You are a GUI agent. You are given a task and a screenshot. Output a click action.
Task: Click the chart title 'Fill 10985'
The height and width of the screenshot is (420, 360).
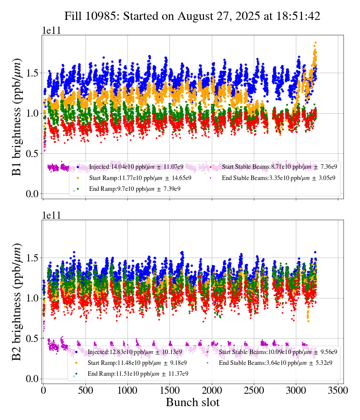pos(192,16)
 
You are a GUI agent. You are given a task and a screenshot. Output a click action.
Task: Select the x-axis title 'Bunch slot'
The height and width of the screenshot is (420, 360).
pos(192,402)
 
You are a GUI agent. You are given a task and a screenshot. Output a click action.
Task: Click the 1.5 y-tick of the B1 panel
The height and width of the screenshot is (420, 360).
pos(32,73)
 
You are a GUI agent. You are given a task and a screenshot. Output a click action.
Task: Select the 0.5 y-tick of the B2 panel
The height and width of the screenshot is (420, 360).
pos(32,339)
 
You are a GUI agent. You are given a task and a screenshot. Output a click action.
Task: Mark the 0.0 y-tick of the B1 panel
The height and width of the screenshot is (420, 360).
pos(32,194)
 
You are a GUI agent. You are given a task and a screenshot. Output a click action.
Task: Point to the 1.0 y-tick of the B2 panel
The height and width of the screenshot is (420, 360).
pos(32,298)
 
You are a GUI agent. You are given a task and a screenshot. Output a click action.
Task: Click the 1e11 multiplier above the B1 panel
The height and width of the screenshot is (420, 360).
pos(51,31)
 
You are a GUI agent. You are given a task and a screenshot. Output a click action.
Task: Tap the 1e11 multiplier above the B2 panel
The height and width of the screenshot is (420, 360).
pos(51,216)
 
